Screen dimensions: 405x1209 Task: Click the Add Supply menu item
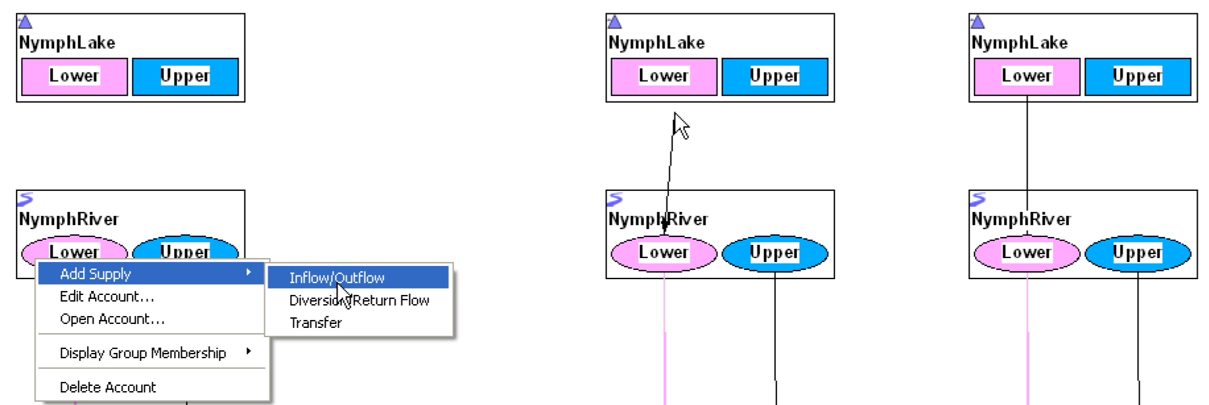tap(96, 273)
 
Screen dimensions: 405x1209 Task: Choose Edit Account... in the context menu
tap(106, 296)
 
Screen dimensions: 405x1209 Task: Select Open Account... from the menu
tap(111, 319)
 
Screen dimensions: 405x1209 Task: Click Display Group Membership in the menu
tap(142, 353)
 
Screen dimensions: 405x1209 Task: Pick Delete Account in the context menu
tap(107, 387)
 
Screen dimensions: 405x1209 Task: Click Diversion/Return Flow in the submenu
tap(359, 300)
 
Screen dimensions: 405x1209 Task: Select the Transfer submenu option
tap(316, 323)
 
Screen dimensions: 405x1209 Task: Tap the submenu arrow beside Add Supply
tap(249, 273)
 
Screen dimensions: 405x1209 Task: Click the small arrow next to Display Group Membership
tap(249, 352)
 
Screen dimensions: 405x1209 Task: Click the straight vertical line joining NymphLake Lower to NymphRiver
tap(1027, 145)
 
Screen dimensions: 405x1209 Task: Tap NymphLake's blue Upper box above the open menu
tap(185, 76)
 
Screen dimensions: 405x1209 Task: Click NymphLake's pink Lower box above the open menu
tap(74, 76)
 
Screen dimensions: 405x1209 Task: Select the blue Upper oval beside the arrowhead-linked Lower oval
tap(775, 253)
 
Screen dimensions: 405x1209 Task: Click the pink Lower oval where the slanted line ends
tap(664, 253)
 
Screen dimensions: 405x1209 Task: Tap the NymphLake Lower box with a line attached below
tap(1026, 76)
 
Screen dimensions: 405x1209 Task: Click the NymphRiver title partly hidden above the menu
tap(68, 219)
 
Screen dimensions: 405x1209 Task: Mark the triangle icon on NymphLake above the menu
tap(25, 22)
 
